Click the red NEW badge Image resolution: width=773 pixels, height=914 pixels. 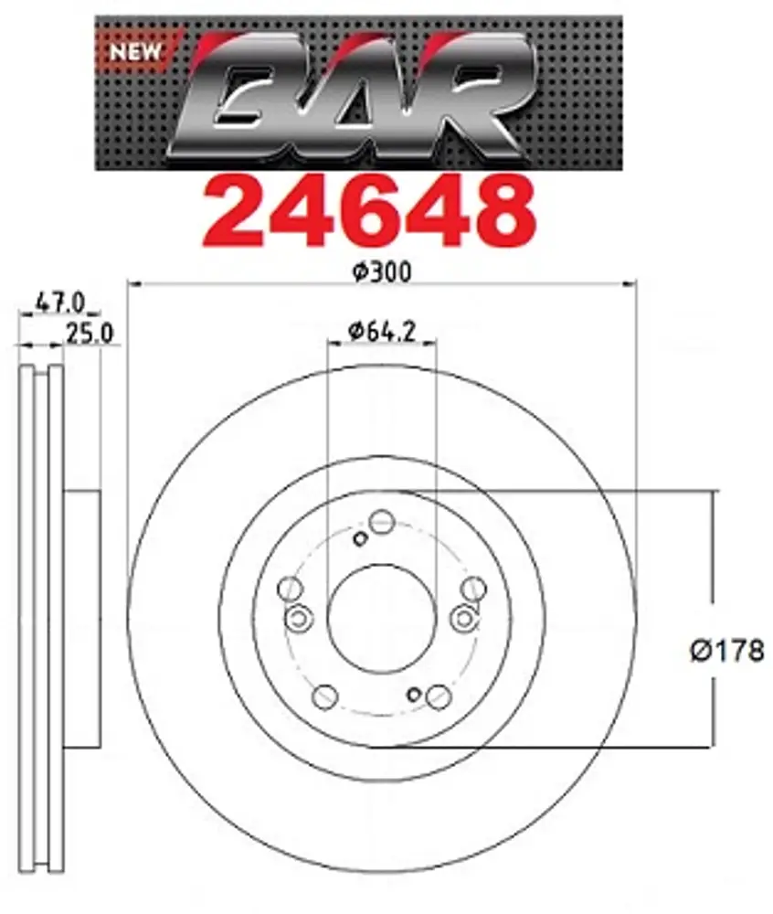[x=135, y=52]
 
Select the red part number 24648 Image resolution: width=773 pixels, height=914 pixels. [x=368, y=213]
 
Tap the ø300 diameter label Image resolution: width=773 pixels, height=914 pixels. [x=382, y=272]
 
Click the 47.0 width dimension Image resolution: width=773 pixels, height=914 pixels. [x=60, y=302]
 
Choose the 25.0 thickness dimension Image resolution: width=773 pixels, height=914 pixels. [x=90, y=334]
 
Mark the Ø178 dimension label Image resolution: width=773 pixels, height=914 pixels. [x=726, y=651]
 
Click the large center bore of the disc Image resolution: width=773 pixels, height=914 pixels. [x=382, y=619]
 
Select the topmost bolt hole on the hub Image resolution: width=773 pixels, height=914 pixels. [x=382, y=521]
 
